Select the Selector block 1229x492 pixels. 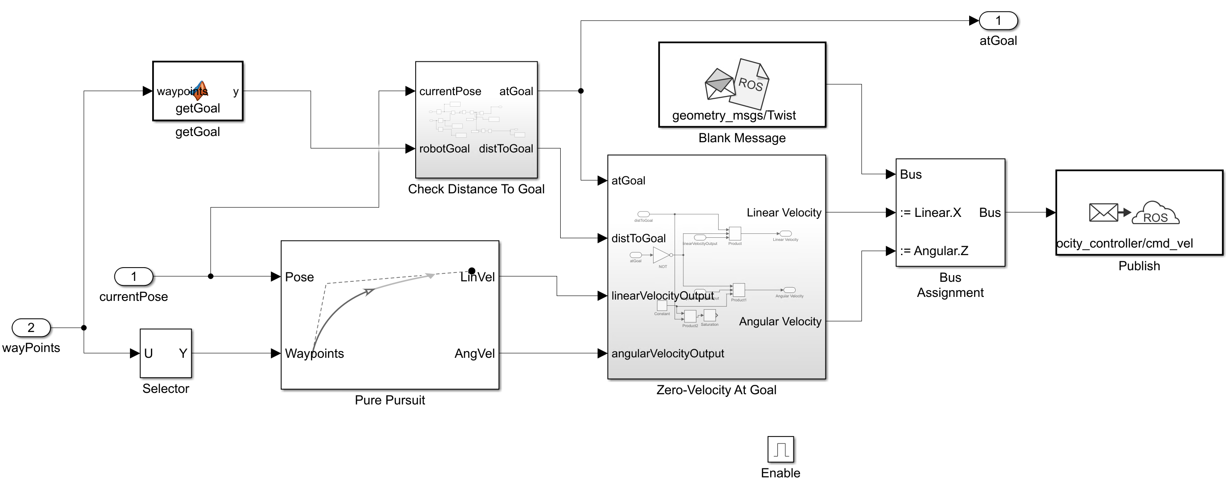coord(166,353)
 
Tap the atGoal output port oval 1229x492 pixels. coord(998,20)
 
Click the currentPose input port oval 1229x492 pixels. coord(133,276)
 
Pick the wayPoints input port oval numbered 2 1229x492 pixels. coord(31,328)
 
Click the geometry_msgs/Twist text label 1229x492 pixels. coord(734,116)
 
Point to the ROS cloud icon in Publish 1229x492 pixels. coord(1155,214)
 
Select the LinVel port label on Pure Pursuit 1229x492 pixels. coord(477,277)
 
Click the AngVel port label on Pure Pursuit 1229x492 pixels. coord(474,353)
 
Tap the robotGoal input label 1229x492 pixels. coord(444,149)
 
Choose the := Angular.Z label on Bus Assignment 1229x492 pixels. coord(934,251)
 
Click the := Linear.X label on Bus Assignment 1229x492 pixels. coord(930,212)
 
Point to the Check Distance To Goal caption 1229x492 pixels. coord(476,189)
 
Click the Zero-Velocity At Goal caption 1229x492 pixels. coord(716,390)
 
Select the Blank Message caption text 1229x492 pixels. coord(742,138)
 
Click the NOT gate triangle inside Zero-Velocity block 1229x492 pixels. coord(661,255)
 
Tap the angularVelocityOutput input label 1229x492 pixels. coord(667,353)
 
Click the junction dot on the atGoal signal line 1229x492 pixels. coord(581,91)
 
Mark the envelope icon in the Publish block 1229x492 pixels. coord(1103,212)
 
